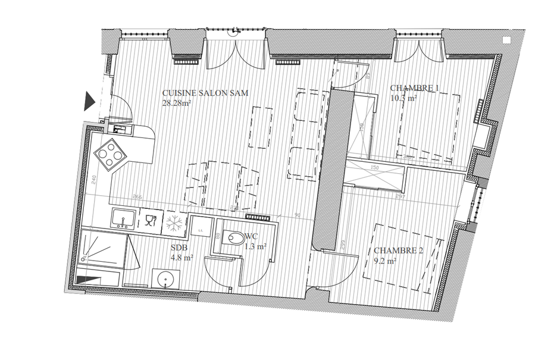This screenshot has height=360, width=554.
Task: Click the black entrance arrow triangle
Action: (x=89, y=101)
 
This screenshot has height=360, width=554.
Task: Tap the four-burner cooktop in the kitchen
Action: (x=111, y=155)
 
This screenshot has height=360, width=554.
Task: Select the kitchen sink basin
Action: (x=124, y=219)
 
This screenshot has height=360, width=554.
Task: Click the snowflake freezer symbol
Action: (x=174, y=224)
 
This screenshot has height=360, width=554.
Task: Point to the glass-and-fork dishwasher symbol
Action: (x=149, y=221)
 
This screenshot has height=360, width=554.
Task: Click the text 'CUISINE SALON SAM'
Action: (x=205, y=93)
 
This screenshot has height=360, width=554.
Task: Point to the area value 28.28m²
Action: (x=176, y=102)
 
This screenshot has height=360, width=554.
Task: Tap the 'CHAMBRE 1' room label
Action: (x=415, y=89)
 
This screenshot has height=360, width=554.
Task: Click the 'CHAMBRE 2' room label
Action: (x=398, y=251)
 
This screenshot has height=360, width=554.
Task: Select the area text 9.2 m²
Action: (x=385, y=261)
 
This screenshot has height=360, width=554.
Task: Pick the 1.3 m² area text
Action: (x=256, y=246)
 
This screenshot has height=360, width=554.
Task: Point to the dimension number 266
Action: (x=137, y=197)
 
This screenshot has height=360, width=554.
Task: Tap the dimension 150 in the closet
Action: (x=375, y=168)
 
